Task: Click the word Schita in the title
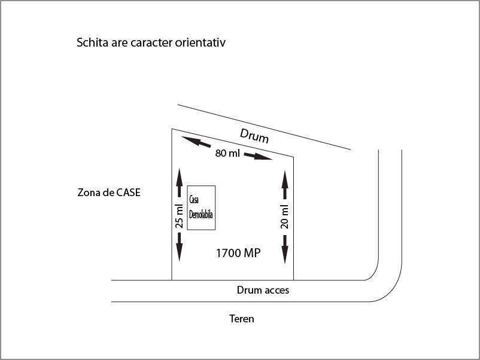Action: [x=92, y=42]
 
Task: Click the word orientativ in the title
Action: [x=200, y=42]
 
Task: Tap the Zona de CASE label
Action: [x=109, y=193]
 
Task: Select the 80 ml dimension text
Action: [x=227, y=153]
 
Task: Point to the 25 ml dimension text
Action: [x=179, y=216]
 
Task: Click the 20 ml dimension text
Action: [x=284, y=216]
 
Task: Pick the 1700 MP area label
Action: [x=238, y=253]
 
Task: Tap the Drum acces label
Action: [x=263, y=290]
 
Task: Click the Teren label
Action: [x=242, y=319]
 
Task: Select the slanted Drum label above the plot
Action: [x=254, y=136]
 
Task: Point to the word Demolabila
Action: [x=201, y=215]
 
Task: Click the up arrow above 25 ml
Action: [x=180, y=182]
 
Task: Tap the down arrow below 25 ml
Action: [x=180, y=247]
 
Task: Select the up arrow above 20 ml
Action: [x=285, y=185]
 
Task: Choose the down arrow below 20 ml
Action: [x=285, y=249]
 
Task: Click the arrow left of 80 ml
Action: [x=196, y=142]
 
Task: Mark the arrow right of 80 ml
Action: [x=258, y=156]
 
